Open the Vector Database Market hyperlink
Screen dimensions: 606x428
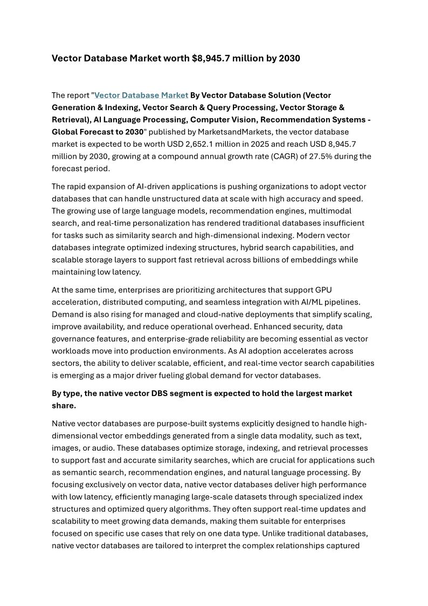click(141, 96)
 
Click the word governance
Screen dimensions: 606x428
click(75, 338)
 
